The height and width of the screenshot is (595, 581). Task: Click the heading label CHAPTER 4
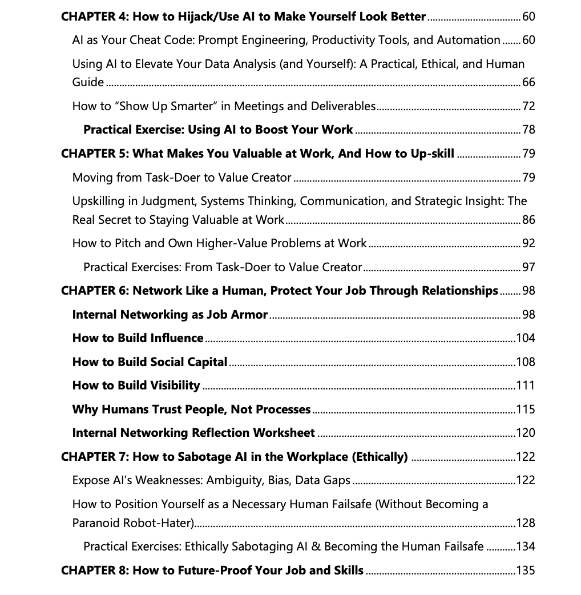tap(94, 17)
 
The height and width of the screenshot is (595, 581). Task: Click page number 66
tap(528, 83)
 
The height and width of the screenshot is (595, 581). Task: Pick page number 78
tap(528, 130)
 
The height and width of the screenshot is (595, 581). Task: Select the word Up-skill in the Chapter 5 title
tap(432, 154)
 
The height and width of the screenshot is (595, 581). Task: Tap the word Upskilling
tap(99, 201)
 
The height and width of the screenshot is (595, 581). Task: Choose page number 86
tap(528, 220)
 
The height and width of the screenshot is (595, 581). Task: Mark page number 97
tap(528, 267)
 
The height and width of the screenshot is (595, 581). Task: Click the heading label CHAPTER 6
tap(94, 291)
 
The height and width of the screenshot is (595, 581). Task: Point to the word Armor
tap(249, 315)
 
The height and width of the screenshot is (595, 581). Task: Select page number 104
tap(526, 338)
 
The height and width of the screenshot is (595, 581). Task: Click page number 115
tap(526, 409)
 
